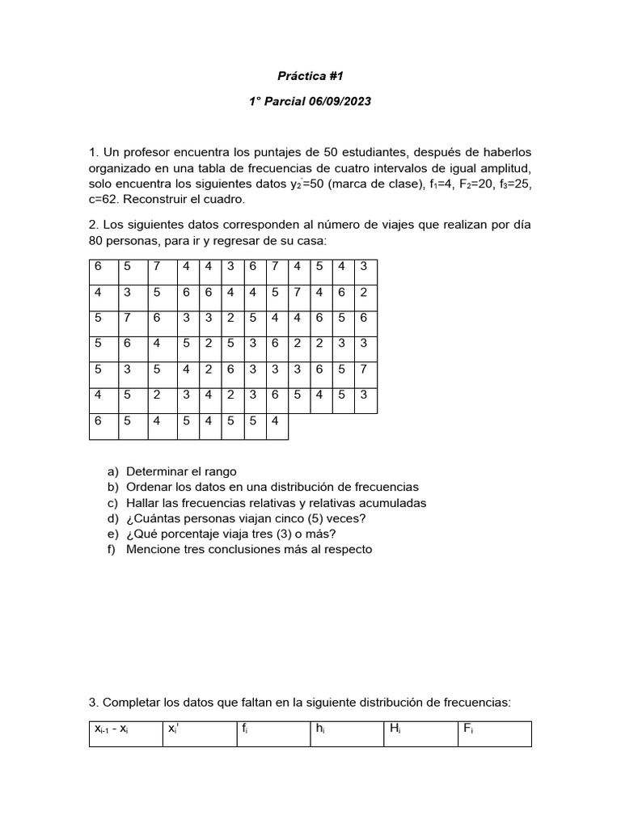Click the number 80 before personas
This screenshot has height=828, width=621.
point(97,241)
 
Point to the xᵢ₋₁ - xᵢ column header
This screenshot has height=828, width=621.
point(112,729)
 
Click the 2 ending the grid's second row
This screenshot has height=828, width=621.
point(363,293)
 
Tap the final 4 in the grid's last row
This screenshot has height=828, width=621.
point(274,420)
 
